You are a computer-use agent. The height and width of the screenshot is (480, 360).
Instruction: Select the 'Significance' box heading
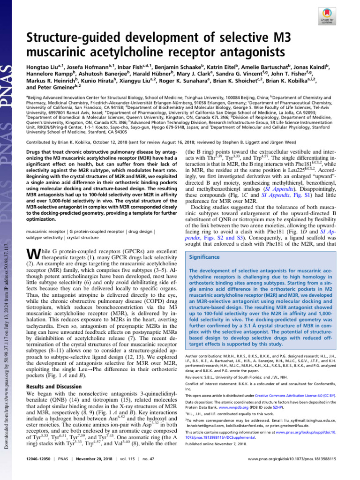pyautogui.click(x=204, y=257)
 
